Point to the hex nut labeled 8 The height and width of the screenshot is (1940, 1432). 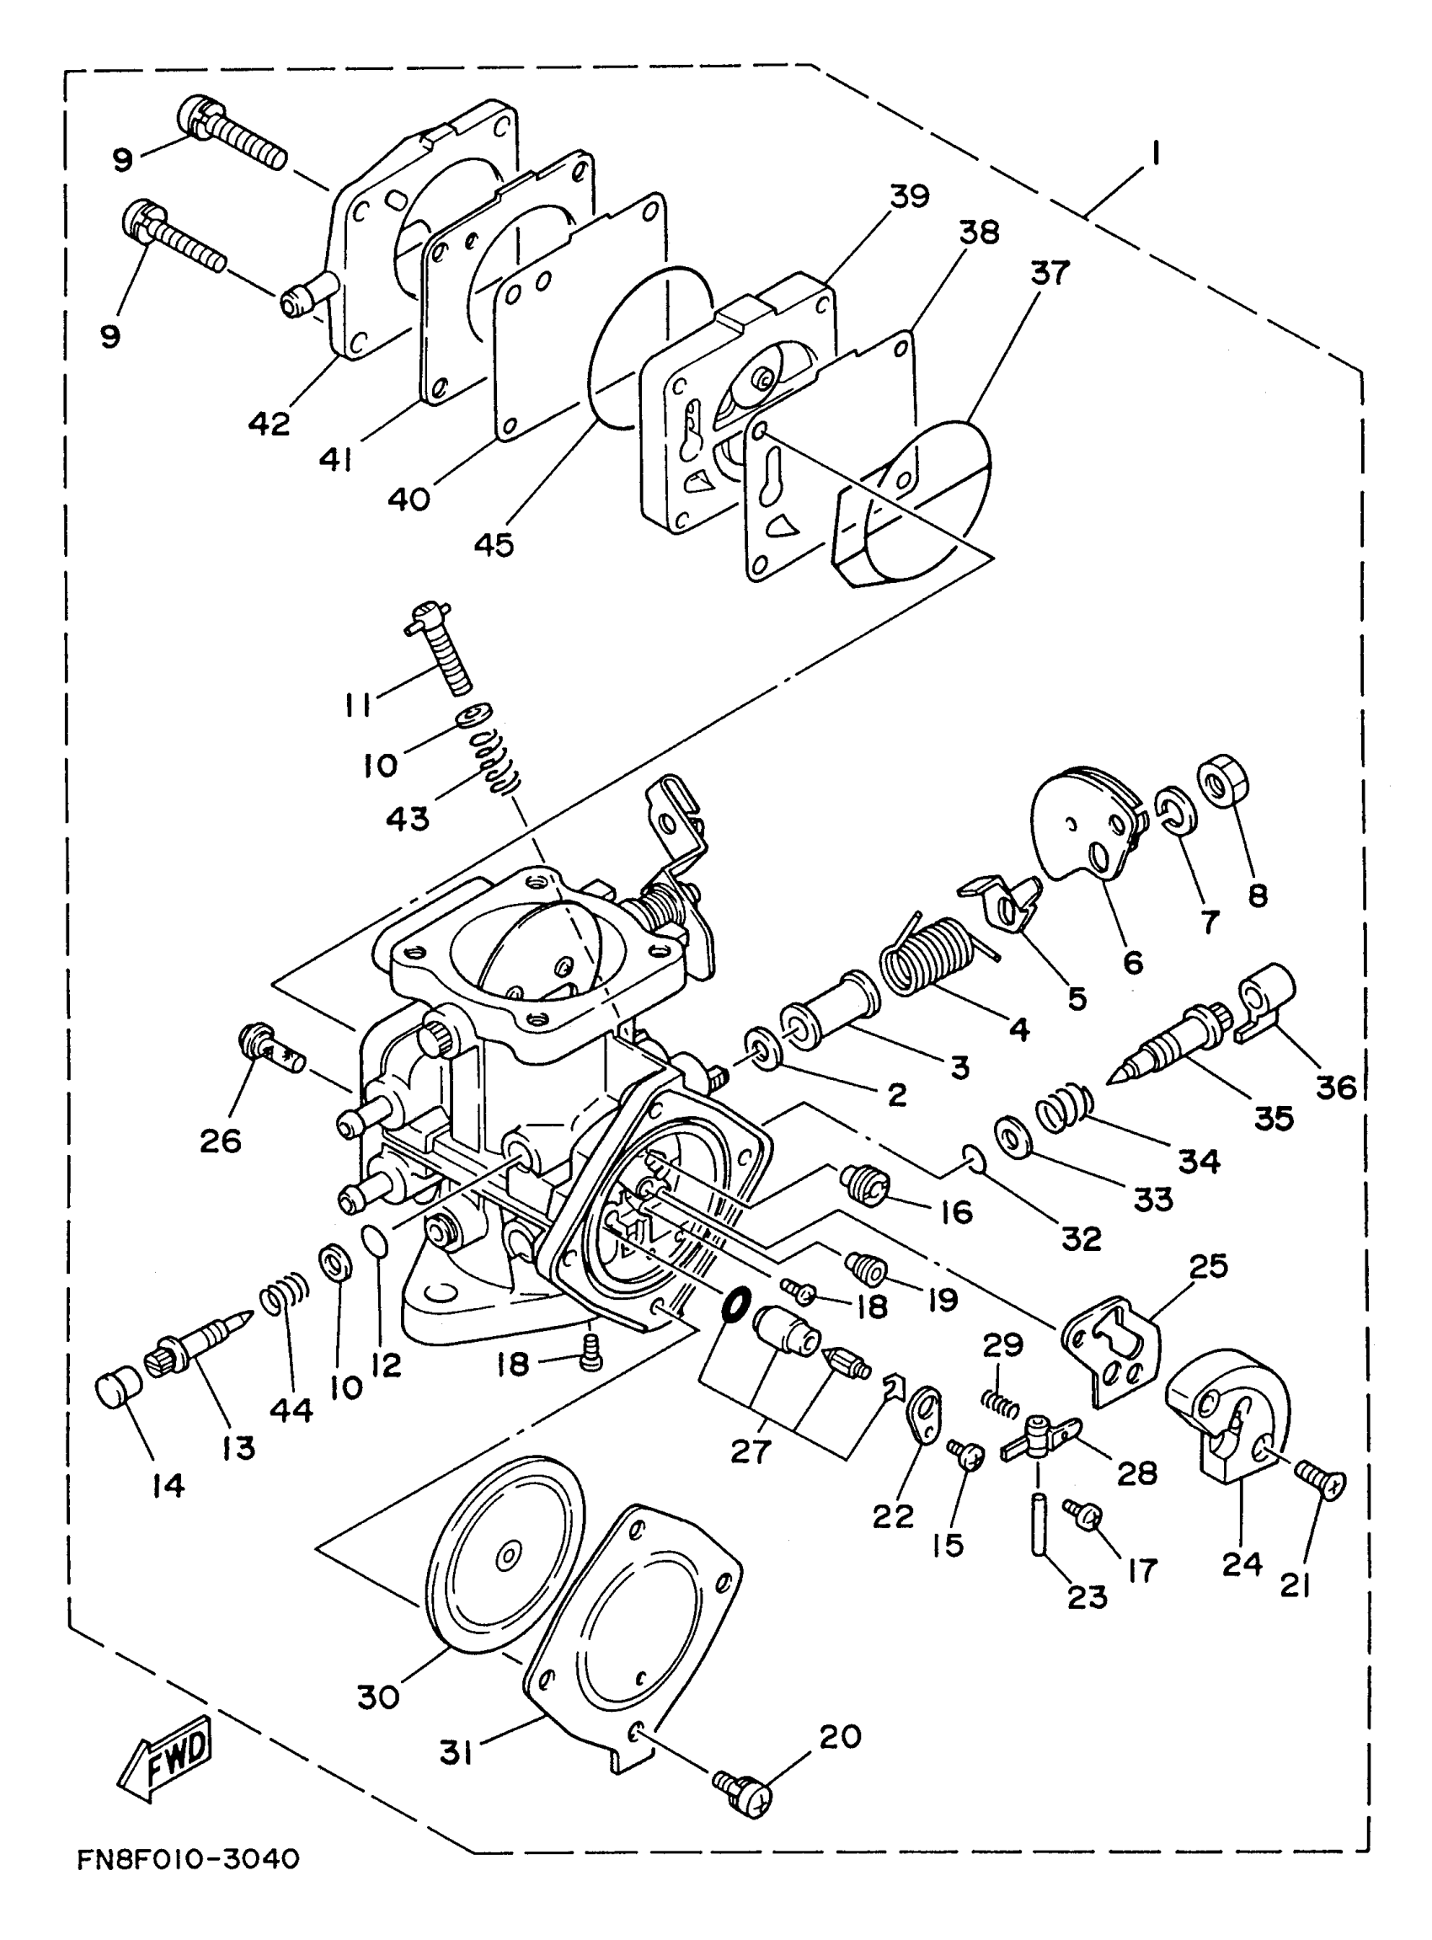pyautogui.click(x=1223, y=779)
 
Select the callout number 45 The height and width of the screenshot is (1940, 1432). pyautogui.click(x=494, y=544)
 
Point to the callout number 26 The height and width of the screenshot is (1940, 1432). pyautogui.click(x=220, y=1141)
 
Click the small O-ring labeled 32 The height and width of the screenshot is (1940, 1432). pyautogui.click(x=973, y=1157)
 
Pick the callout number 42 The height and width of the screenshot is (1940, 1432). pyautogui.click(x=270, y=424)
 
